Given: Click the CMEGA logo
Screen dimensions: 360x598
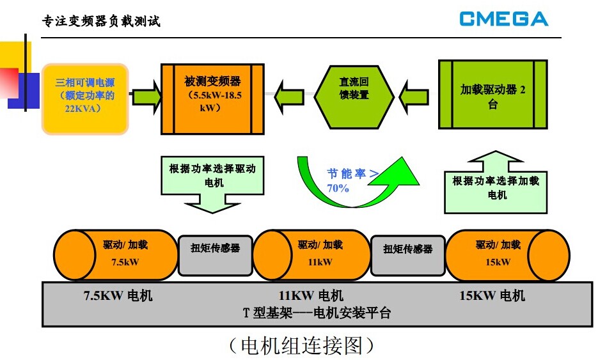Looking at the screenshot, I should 503,19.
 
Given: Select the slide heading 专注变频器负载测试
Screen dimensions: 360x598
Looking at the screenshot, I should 101,22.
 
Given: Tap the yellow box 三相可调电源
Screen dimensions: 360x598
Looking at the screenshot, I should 85,97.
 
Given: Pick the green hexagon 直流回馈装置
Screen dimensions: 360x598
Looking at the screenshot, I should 354,95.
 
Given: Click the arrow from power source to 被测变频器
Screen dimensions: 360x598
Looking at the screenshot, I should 146,95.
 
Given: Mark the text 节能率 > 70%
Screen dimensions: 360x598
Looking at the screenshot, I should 349,180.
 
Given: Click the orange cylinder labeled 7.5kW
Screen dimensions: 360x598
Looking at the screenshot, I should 115,254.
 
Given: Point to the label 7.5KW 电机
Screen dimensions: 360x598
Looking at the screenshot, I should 118,295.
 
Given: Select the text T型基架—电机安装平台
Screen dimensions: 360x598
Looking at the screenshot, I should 316,313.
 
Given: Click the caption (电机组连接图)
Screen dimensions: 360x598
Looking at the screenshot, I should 301,345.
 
